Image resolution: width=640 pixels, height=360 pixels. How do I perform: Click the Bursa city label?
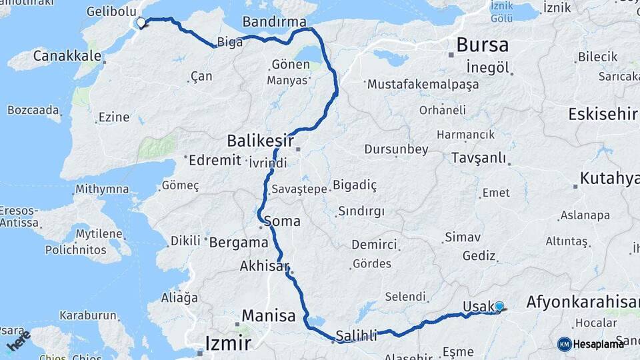pos(482,45)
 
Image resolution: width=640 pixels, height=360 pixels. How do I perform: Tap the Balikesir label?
pos(260,141)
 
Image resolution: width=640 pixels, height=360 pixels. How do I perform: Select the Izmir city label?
pos(227,344)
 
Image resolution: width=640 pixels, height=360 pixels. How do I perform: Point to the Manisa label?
pos(269,315)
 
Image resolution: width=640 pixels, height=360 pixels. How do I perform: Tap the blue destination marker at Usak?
pos(499,306)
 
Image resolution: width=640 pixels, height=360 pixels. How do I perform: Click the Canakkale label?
pos(66,55)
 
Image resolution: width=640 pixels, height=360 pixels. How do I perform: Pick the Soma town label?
pos(282,221)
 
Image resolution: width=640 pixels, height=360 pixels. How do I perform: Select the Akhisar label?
pos(264,267)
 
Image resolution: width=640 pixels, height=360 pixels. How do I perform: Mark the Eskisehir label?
pos(603,115)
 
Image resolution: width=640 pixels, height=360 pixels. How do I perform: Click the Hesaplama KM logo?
pos(591,344)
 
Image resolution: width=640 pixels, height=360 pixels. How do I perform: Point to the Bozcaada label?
pos(33,109)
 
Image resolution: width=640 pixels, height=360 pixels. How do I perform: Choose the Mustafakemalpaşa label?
pos(413,85)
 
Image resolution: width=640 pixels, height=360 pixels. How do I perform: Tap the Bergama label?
pos(239,243)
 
